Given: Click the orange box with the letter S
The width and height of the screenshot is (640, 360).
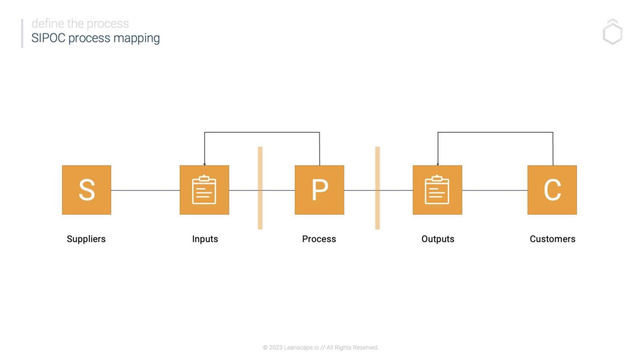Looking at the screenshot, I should click(x=86, y=190).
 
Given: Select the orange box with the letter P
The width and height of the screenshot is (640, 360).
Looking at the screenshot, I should click(x=319, y=190).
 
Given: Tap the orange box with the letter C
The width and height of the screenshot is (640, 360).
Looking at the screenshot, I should click(x=552, y=190).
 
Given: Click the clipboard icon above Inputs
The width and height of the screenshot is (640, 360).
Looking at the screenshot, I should click(x=204, y=190).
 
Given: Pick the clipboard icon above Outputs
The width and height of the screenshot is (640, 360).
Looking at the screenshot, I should click(x=437, y=190).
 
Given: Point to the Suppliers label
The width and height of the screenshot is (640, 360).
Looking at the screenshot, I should click(x=86, y=239).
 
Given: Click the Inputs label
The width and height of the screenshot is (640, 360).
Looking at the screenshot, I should click(x=205, y=239).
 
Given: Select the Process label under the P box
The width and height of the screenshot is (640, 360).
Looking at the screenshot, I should click(x=319, y=239).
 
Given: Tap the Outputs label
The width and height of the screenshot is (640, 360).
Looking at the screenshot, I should click(x=437, y=239).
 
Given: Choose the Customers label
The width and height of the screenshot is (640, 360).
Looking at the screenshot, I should click(x=552, y=239).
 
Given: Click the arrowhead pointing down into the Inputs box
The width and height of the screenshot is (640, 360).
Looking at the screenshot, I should click(x=205, y=164).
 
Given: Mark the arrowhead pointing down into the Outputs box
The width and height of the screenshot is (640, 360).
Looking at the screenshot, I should click(x=438, y=164).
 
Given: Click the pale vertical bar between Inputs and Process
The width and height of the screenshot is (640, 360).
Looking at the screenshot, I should click(x=260, y=188).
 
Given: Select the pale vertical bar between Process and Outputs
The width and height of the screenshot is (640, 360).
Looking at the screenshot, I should click(x=377, y=188).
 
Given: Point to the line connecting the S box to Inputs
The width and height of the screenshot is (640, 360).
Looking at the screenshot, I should click(x=145, y=190).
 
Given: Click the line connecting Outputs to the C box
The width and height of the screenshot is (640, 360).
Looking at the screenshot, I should click(x=495, y=190).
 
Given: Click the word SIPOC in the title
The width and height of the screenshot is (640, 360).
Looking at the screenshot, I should click(x=48, y=38).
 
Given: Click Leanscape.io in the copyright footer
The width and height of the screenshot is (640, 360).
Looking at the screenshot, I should click(x=301, y=347).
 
